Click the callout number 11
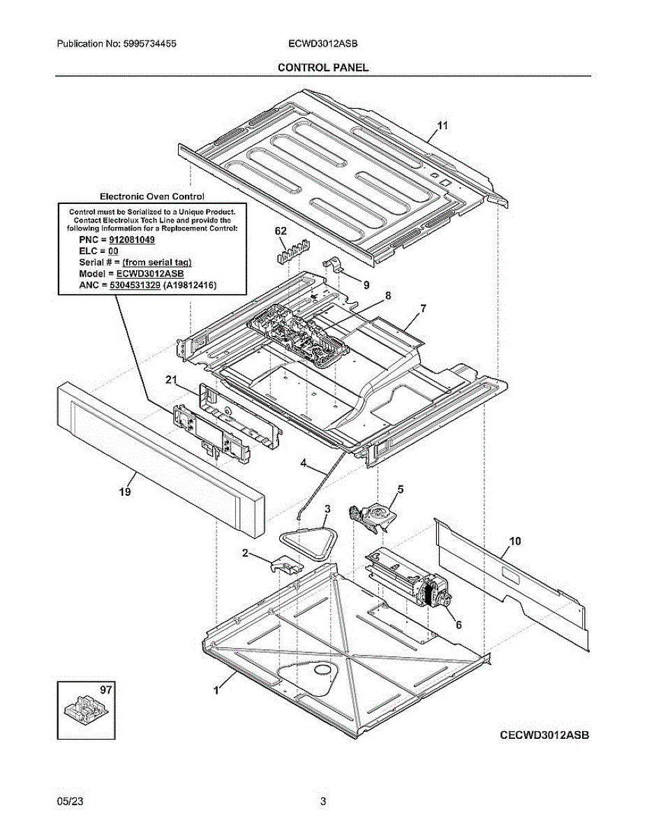tap(442, 126)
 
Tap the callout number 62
tap(281, 231)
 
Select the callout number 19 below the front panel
tap(124, 492)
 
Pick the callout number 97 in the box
tap(105, 690)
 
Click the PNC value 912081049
tap(133, 240)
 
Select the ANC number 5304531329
tap(137, 285)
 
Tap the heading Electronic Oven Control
tap(152, 198)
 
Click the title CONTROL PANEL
tap(323, 67)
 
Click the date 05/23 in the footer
tap(67, 801)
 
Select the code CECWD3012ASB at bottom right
tap(544, 735)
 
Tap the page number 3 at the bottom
tap(323, 801)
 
